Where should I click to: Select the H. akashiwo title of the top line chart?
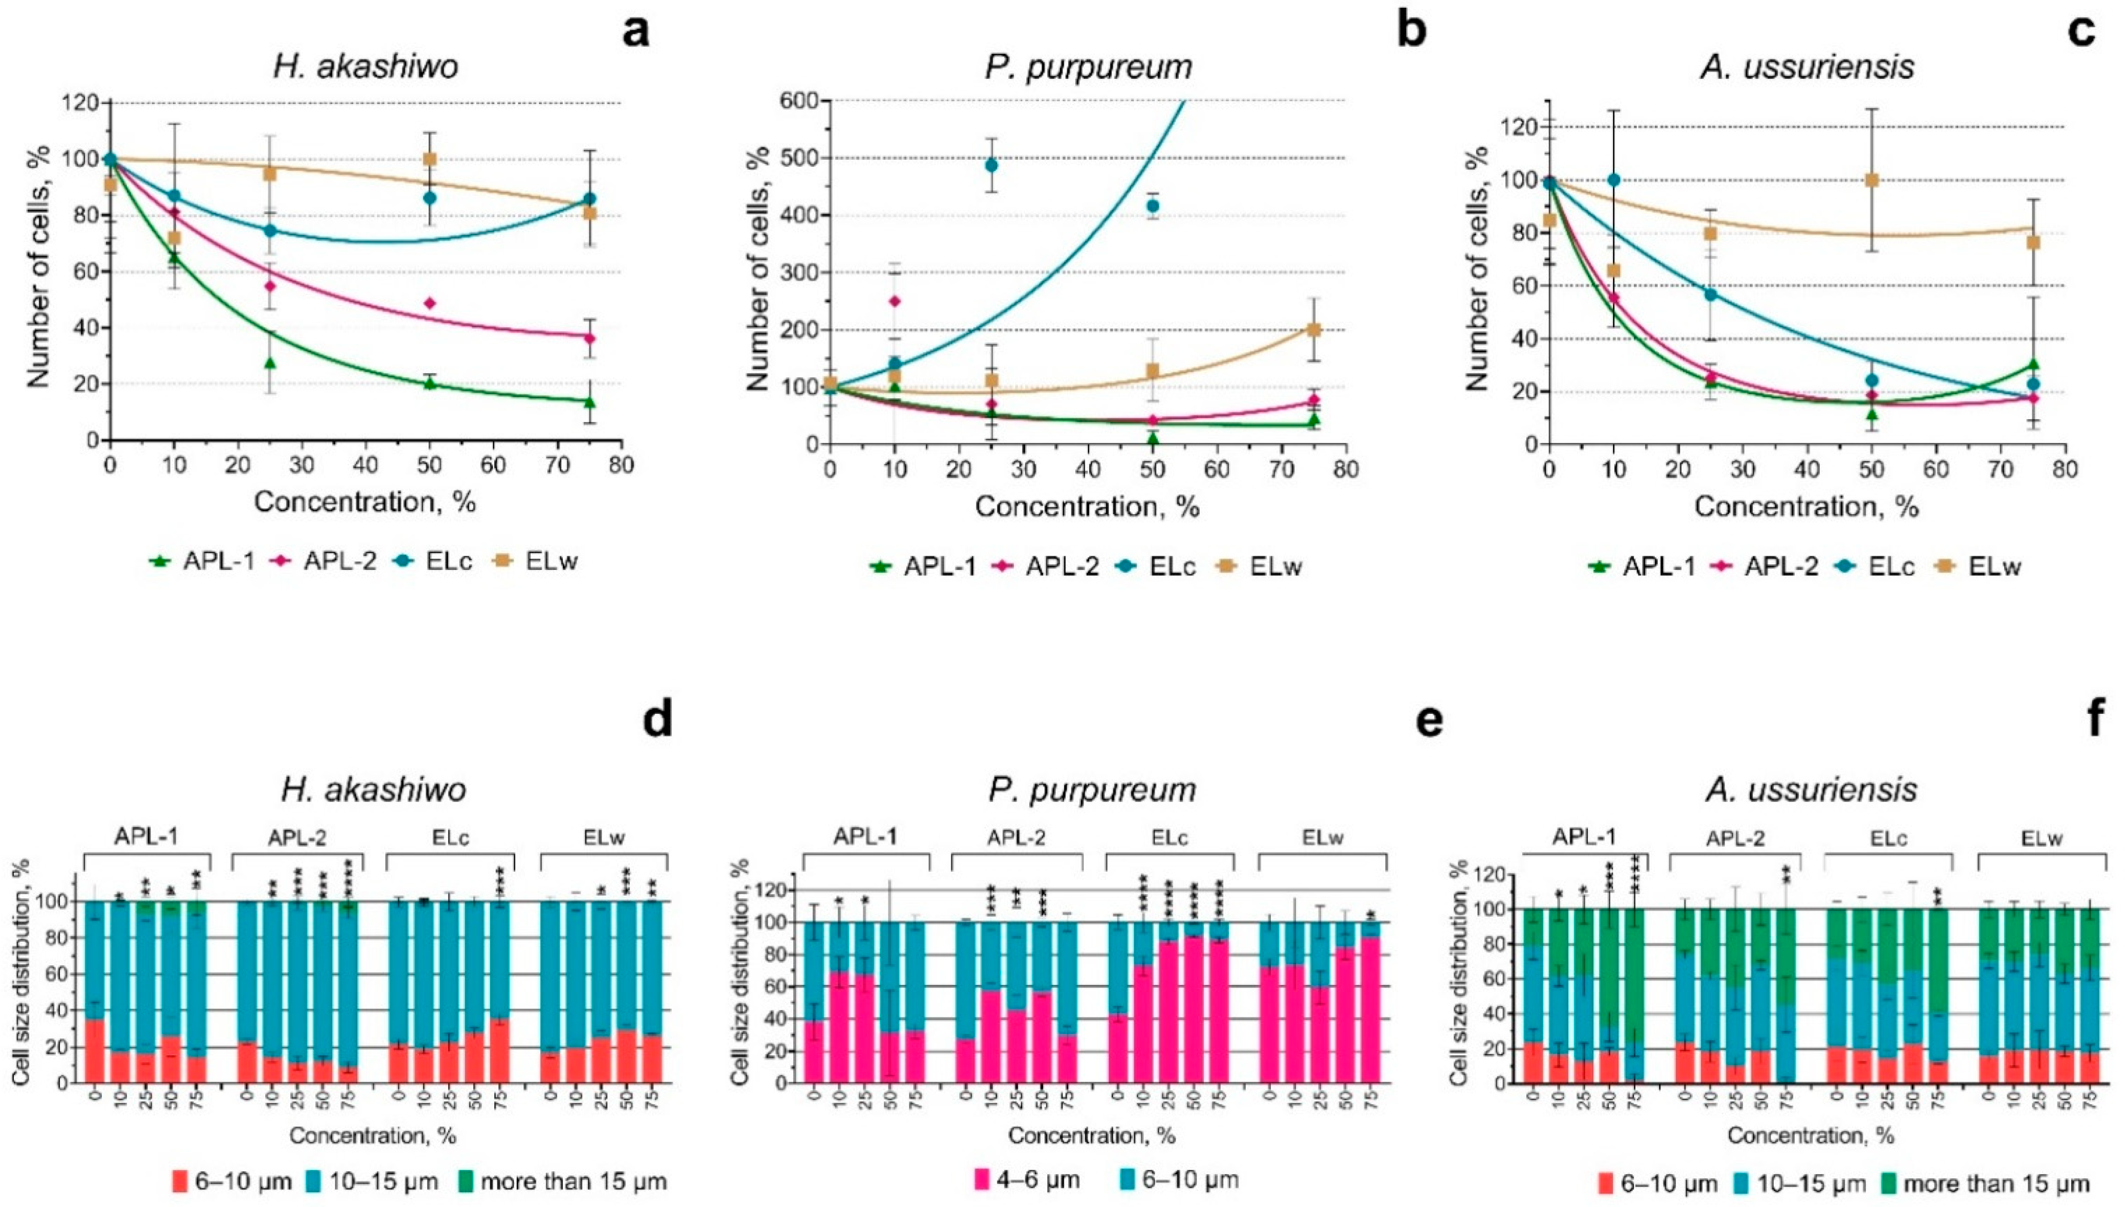(366, 67)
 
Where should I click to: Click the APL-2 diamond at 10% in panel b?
(894, 301)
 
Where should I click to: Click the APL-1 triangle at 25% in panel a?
(269, 362)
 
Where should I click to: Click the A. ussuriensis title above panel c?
(1807, 67)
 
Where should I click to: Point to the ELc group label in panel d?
(451, 838)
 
